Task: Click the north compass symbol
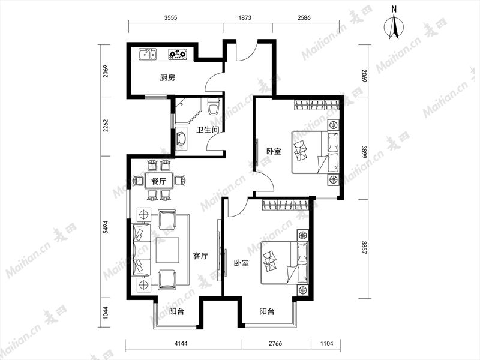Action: point(394,26)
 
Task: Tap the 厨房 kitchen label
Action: point(167,78)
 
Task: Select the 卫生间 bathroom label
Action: point(208,130)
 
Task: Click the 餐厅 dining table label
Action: point(158,181)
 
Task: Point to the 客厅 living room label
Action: point(200,256)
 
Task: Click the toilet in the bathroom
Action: point(213,106)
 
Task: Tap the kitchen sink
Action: point(147,54)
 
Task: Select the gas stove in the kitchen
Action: point(178,54)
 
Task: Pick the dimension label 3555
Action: point(170,18)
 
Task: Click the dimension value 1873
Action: point(245,18)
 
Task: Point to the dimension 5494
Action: point(106,227)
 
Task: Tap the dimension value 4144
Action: point(181,343)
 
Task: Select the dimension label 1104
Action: point(326,343)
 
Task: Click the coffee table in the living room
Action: point(167,250)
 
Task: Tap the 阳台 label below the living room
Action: point(176,311)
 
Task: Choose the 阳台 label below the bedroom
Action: point(266,311)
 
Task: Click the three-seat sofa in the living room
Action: point(141,250)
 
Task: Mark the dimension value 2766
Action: point(275,343)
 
